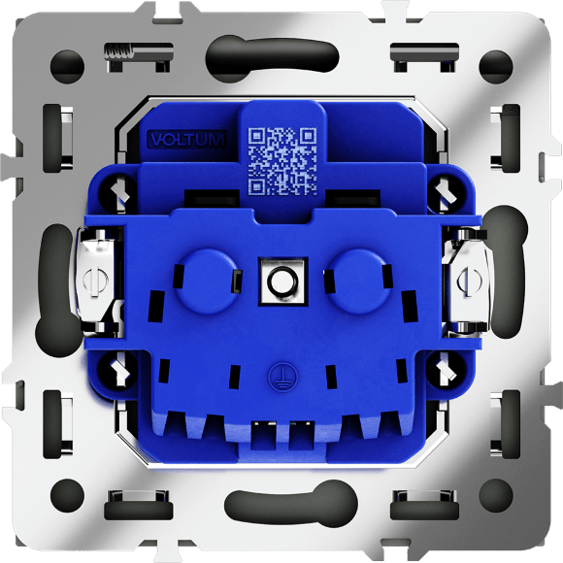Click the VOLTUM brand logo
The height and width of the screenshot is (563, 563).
coord(187,140)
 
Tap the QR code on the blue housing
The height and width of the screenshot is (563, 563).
coord(282,161)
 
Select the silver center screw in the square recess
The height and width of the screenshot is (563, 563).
coord(283,281)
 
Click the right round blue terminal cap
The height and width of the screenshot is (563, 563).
coord(360,280)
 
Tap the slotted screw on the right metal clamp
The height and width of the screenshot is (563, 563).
coord(470,281)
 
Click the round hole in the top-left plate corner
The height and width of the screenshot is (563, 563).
coord(67,67)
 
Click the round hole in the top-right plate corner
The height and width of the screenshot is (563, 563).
coord(496,67)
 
